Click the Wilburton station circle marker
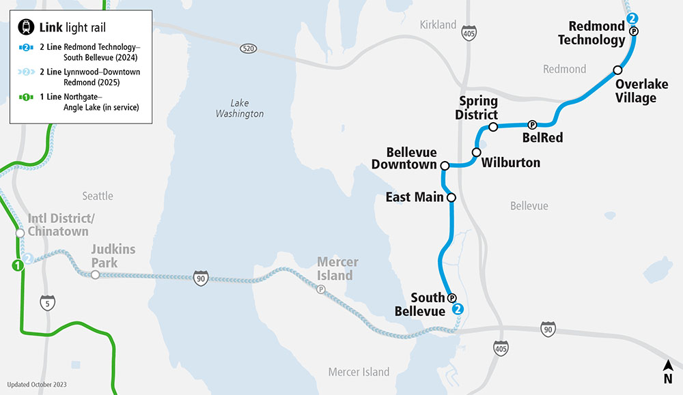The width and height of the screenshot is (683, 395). pyautogui.click(x=477, y=152)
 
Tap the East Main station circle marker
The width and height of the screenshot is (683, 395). pyautogui.click(x=451, y=198)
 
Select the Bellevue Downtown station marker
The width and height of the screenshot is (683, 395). pyautogui.click(x=445, y=166)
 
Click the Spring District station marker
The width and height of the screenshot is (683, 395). pyautogui.click(x=493, y=128)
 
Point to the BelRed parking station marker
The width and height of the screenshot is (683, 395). pyautogui.click(x=532, y=125)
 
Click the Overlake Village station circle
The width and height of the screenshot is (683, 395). pyautogui.click(x=617, y=70)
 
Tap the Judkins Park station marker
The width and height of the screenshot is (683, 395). pyautogui.click(x=95, y=275)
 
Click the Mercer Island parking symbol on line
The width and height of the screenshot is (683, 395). pyautogui.click(x=321, y=289)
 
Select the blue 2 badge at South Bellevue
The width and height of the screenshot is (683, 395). pyautogui.click(x=458, y=309)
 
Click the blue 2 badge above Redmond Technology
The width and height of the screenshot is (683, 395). pyautogui.click(x=633, y=18)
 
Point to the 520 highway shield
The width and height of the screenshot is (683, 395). pyautogui.click(x=248, y=49)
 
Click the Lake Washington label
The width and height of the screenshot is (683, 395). pyautogui.click(x=239, y=108)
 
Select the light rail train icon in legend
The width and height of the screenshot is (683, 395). pyautogui.click(x=27, y=27)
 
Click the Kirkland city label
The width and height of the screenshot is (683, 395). pyautogui.click(x=438, y=25)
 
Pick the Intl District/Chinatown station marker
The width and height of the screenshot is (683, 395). pyautogui.click(x=20, y=233)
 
